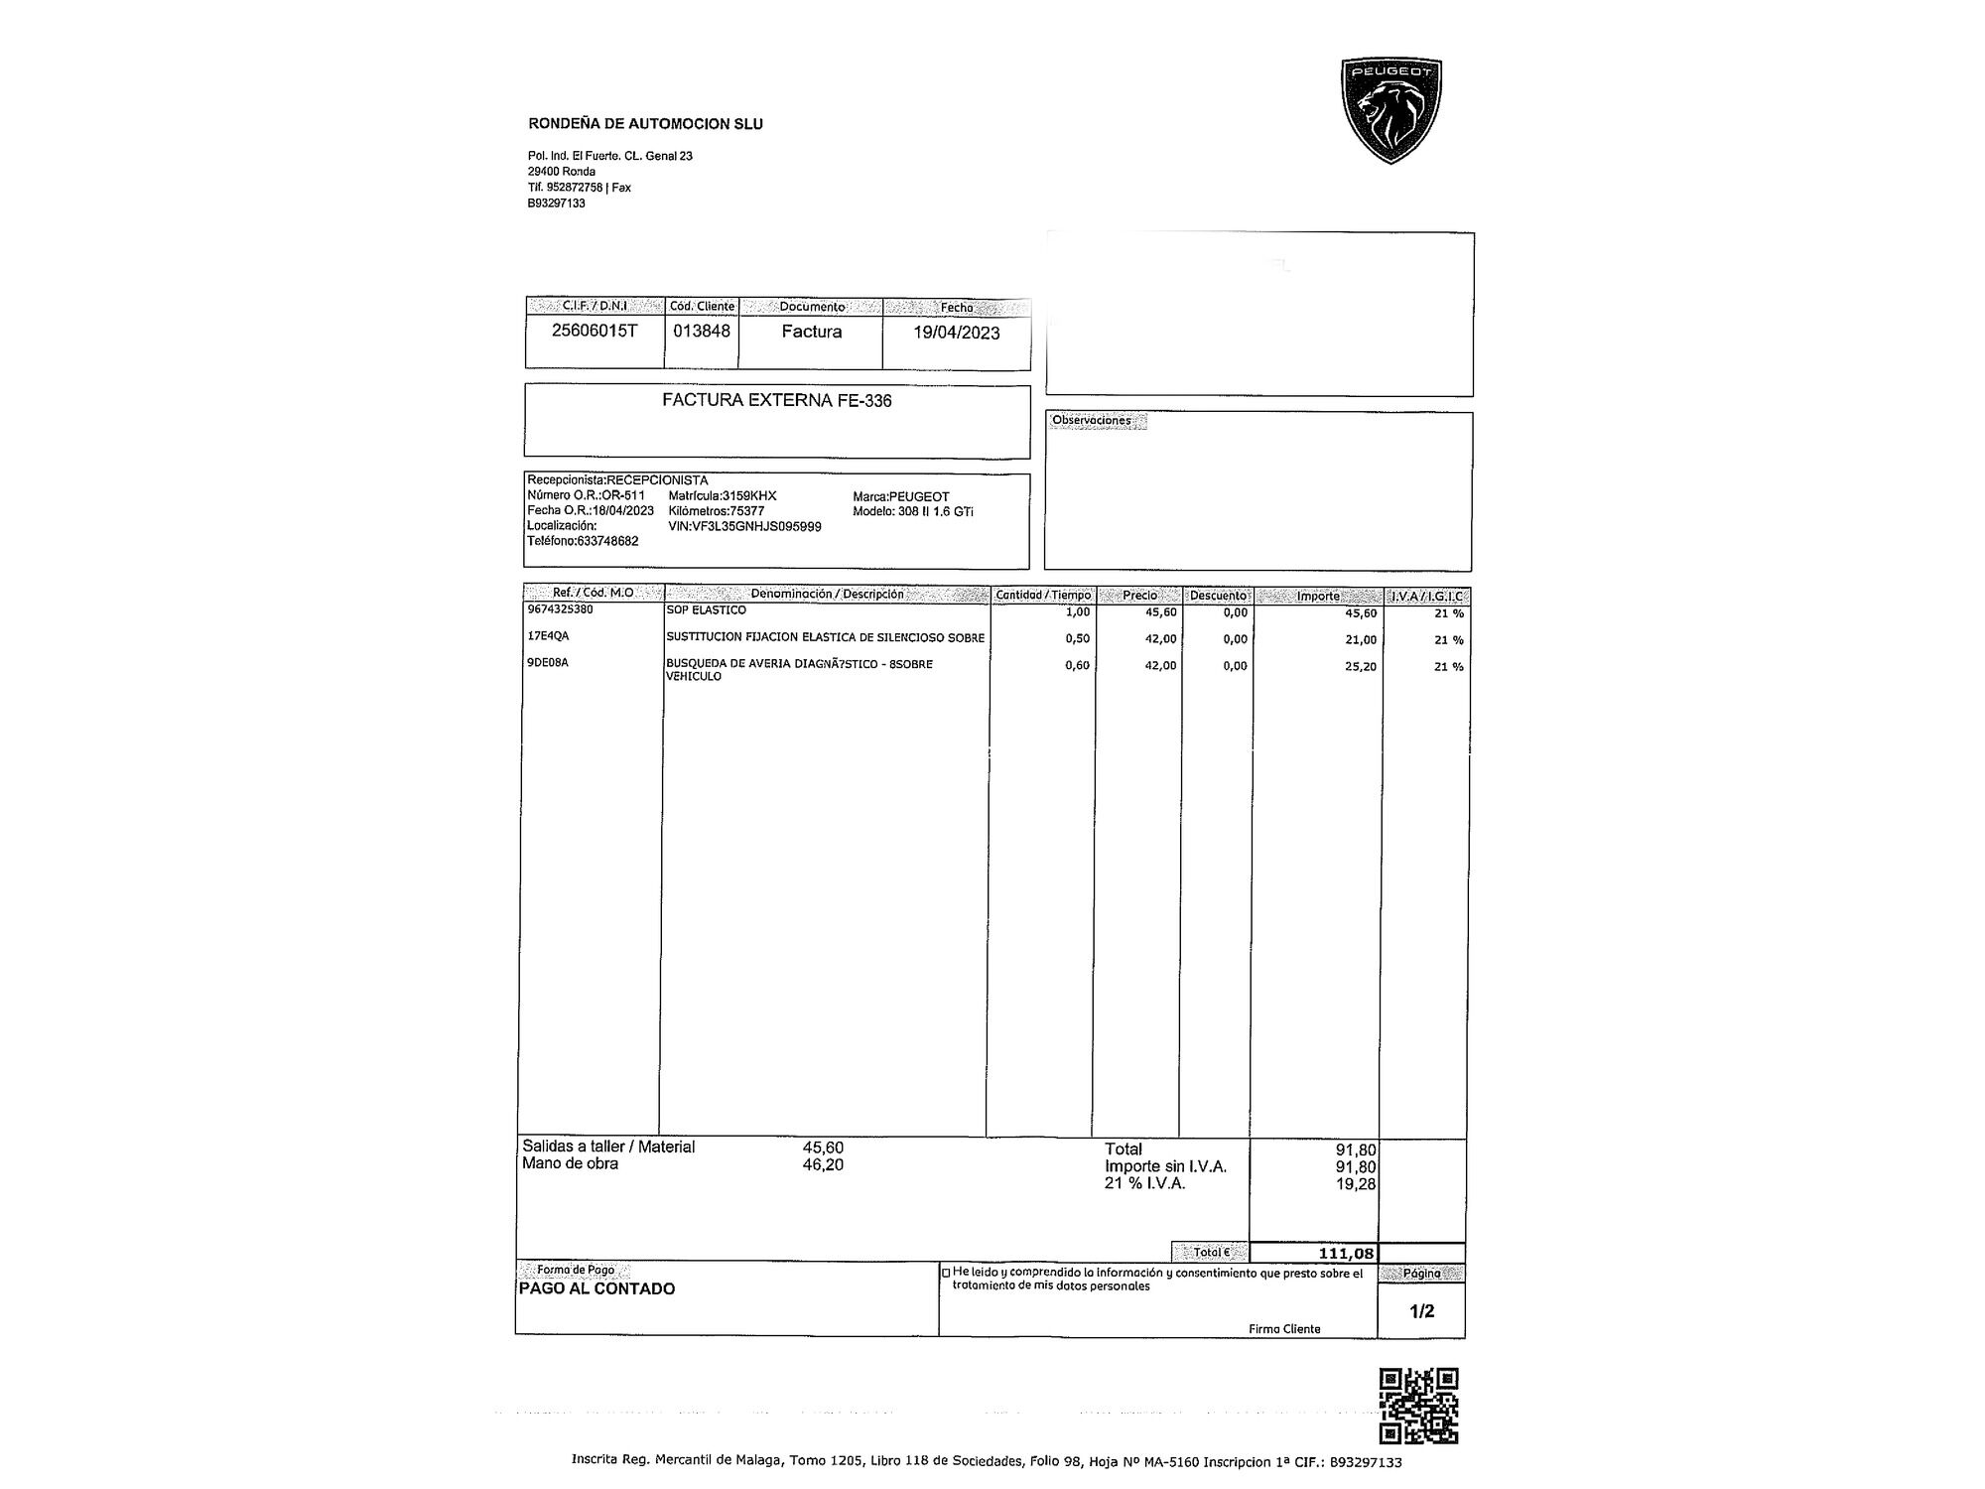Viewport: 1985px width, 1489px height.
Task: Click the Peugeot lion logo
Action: pos(1390,110)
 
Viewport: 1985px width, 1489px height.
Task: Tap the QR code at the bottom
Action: pos(1418,1406)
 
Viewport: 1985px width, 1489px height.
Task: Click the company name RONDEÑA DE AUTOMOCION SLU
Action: pos(645,124)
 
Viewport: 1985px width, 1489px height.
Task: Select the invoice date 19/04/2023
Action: pos(956,333)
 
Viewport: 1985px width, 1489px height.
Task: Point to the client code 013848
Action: pos(702,332)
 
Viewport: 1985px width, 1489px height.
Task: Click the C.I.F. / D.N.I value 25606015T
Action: pos(595,332)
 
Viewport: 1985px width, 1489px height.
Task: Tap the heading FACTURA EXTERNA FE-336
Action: pos(776,401)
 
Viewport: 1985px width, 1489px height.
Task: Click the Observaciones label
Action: pos(1091,421)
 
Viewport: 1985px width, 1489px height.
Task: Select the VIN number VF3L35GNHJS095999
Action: pos(744,527)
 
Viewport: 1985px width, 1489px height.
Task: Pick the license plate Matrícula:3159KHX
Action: pos(723,496)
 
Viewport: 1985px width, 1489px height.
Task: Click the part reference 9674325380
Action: pos(560,609)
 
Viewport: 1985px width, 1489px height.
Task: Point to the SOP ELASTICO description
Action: pos(706,610)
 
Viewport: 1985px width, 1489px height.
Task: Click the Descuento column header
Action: pos(1218,596)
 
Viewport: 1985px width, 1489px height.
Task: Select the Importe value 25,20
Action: pos(1360,667)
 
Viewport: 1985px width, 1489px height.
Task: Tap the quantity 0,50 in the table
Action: pos(1077,639)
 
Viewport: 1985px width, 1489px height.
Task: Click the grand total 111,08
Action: pos(1346,1254)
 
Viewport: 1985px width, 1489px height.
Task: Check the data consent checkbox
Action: pos(946,1273)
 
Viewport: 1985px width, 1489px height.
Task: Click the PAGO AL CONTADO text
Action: pos(596,1289)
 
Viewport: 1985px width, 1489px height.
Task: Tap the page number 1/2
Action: pos(1421,1311)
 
